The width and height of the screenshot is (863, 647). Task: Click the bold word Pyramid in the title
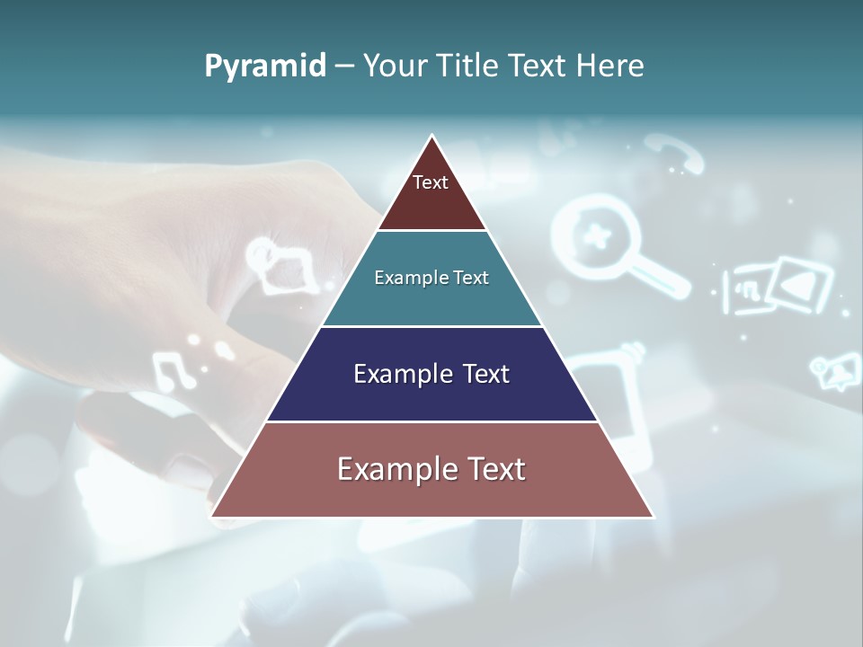264,66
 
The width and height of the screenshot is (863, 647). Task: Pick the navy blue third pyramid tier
432,395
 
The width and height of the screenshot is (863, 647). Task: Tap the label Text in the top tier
431,182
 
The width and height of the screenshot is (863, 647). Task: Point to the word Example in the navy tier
393,374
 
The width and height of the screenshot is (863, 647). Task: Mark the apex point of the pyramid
432,137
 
